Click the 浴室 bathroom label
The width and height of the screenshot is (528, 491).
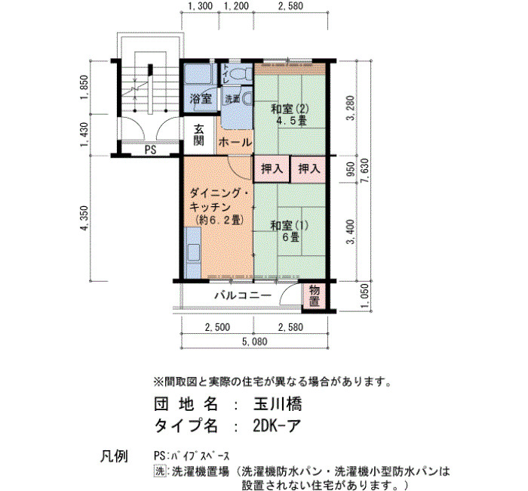[201, 99]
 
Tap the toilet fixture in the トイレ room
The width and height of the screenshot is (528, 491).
[243, 73]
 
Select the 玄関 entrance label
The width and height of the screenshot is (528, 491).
[198, 135]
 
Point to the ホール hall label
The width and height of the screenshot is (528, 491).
[235, 142]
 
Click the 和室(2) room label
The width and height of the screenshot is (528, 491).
[290, 109]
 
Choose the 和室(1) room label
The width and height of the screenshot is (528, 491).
[290, 225]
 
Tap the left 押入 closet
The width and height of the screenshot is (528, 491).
[272, 168]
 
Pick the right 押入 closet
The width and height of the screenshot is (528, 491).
[309, 168]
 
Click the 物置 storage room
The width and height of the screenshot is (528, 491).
[315, 295]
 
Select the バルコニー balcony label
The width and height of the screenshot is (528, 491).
[243, 296]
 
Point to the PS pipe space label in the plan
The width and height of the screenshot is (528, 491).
[151, 150]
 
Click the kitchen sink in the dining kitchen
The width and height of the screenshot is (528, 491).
[192, 252]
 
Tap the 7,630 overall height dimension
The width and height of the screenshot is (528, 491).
[364, 171]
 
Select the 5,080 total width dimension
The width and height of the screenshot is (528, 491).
[255, 342]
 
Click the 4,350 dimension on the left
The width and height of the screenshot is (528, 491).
[84, 218]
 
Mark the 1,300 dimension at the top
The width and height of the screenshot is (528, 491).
[201, 6]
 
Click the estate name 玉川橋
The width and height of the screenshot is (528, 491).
[278, 404]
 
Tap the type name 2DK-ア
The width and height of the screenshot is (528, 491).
[276, 426]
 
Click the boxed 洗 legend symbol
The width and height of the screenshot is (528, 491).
[160, 471]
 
